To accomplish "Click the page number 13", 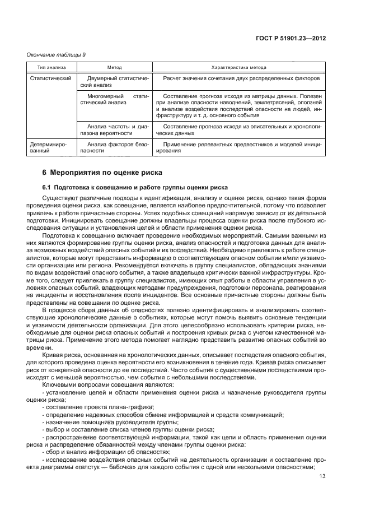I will pos(322,476).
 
